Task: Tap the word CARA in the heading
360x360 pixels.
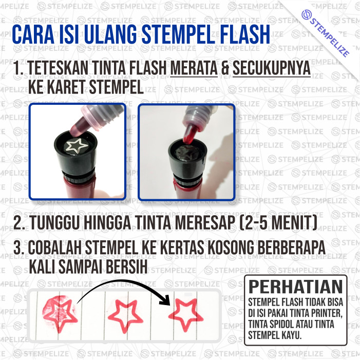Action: (x=33, y=35)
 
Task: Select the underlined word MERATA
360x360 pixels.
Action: (x=194, y=68)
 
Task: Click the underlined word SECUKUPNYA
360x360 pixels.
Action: (x=272, y=68)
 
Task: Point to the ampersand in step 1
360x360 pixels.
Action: (x=225, y=68)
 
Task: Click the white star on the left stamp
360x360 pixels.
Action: (x=76, y=145)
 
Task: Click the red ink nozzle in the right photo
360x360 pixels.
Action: (x=190, y=133)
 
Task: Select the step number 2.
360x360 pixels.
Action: (x=17, y=222)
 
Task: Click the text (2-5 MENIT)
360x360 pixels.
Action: (x=278, y=222)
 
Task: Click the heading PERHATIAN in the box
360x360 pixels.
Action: (x=296, y=286)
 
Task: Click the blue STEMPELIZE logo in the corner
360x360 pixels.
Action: (x=326, y=33)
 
